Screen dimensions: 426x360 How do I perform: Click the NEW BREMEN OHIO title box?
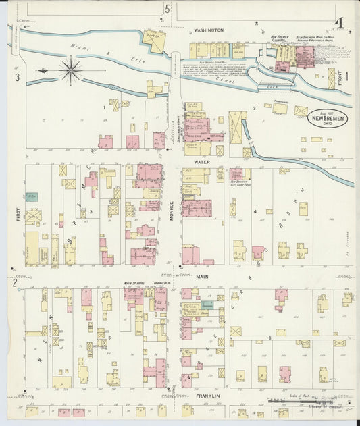tap(327, 117)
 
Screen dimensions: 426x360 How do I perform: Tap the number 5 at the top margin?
tap(167, 9)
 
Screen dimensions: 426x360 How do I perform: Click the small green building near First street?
tap(31, 197)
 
